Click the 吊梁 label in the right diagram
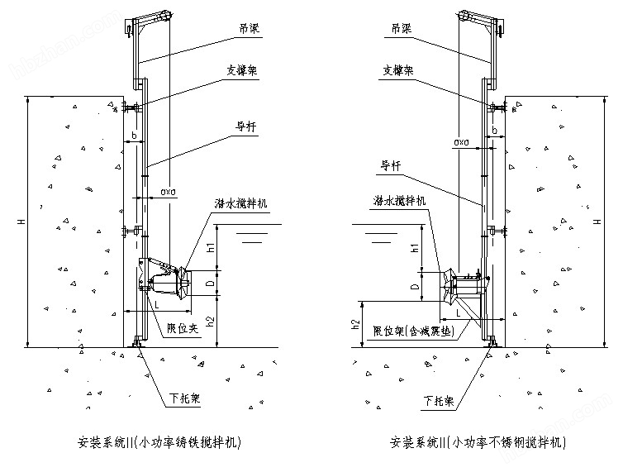tap(402, 28)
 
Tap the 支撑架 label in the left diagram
tap(242, 70)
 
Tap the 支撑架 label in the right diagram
tap(399, 70)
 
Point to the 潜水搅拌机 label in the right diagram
tap(400, 200)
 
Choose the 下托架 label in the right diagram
tap(438, 401)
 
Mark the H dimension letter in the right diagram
tap(597, 221)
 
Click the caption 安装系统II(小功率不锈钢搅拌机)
tap(478, 442)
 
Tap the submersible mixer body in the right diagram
tap(462, 285)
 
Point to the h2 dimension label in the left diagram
tap(210, 320)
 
